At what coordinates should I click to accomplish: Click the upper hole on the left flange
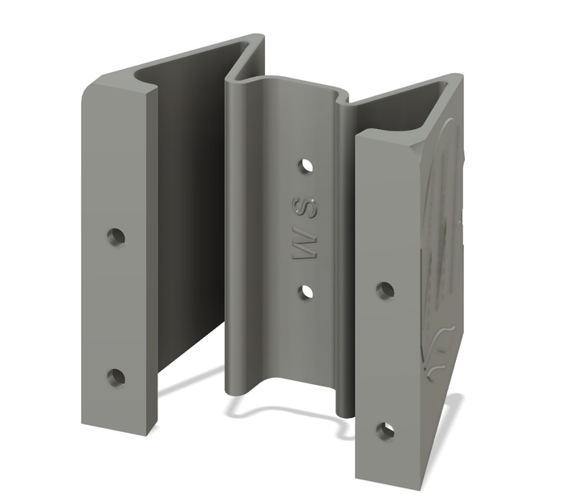pyautogui.click(x=116, y=237)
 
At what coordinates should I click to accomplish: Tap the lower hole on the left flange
pyautogui.click(x=116, y=376)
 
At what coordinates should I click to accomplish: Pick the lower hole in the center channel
pyautogui.click(x=307, y=291)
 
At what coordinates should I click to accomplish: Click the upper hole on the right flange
pyautogui.click(x=385, y=289)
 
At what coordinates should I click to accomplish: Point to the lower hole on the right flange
pyautogui.click(x=385, y=431)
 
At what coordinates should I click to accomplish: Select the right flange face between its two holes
pyautogui.click(x=385, y=361)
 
